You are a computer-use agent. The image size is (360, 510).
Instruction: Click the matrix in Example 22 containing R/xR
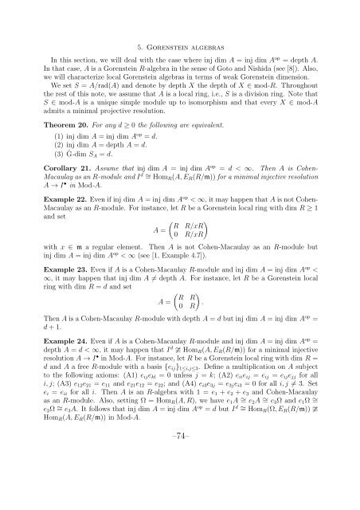[x=190, y=254]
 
